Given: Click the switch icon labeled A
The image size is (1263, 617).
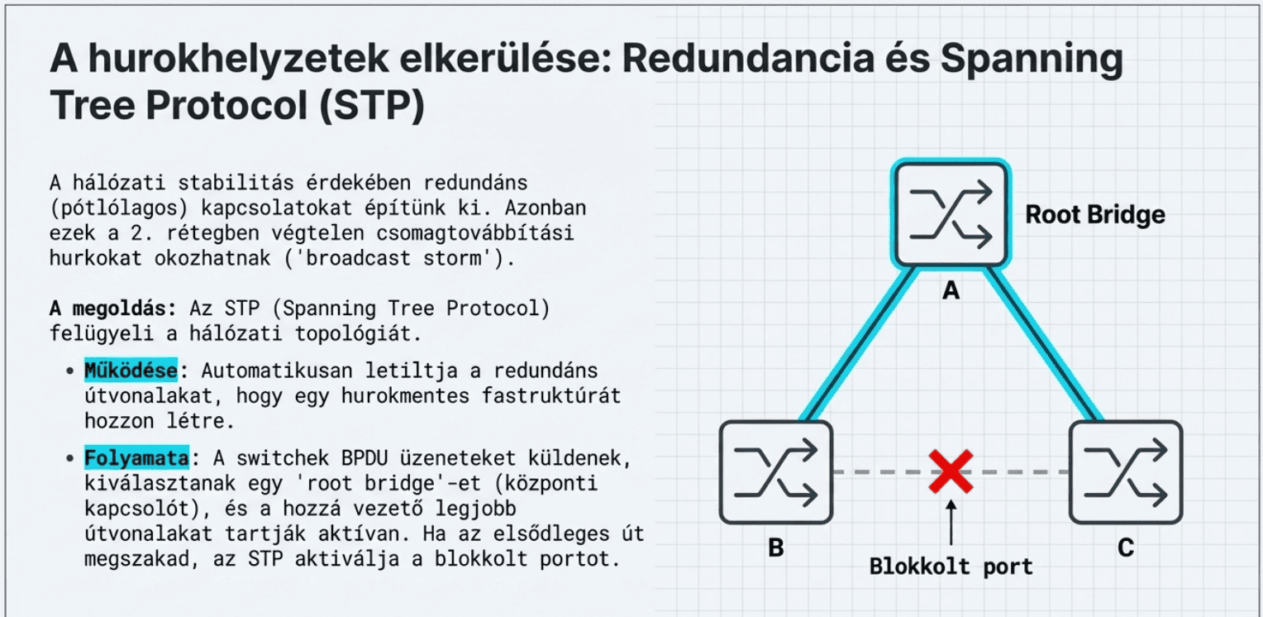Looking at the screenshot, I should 951,214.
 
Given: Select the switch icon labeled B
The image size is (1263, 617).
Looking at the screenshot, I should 775,472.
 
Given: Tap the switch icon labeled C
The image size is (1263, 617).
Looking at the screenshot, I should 1126,472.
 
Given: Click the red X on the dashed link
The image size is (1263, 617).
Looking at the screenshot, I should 951,472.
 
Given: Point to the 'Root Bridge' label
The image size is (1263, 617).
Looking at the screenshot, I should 1095,215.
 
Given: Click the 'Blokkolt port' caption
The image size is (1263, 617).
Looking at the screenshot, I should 951,567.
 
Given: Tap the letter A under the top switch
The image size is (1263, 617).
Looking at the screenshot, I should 951,291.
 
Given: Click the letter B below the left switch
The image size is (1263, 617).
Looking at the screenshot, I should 775,548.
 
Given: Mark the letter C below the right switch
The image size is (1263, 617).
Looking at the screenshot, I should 1126,548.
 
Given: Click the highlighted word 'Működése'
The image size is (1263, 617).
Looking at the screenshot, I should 130,371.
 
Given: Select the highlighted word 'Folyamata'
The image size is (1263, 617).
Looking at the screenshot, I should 136,457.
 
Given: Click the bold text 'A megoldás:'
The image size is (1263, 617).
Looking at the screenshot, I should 112,308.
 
